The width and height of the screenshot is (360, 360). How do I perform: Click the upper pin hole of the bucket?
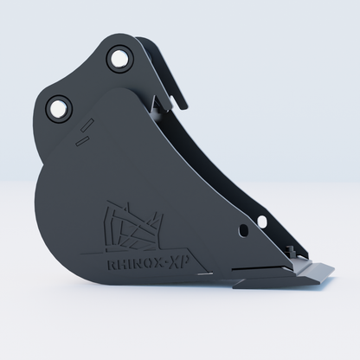pyautogui.click(x=119, y=59)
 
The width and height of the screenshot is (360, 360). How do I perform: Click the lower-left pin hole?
pyautogui.click(x=59, y=109)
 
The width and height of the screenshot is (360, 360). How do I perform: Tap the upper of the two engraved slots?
pyautogui.click(x=87, y=125)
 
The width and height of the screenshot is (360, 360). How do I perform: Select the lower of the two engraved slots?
pyautogui.click(x=82, y=141)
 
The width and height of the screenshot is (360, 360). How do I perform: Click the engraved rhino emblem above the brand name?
pyautogui.click(x=133, y=227)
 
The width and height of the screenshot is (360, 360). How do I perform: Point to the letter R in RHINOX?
pyautogui.click(x=112, y=266)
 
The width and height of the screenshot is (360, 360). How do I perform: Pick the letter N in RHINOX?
pyautogui.click(x=138, y=264)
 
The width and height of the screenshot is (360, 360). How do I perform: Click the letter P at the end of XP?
pyautogui.click(x=184, y=262)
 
